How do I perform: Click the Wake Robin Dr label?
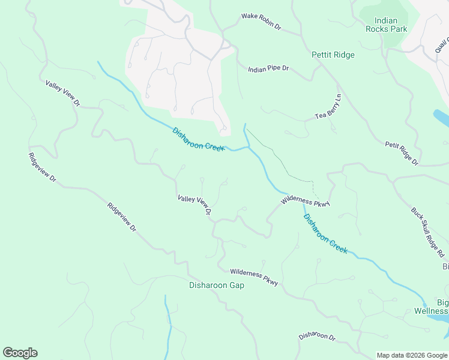(261, 22)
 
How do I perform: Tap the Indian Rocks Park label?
(386, 25)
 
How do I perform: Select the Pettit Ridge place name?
(333, 55)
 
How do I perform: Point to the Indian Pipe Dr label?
(268, 69)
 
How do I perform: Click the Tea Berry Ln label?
(328, 107)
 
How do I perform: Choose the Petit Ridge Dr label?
(402, 153)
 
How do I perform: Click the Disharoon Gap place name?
(217, 285)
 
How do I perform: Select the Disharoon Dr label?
(316, 337)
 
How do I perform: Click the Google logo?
(20, 353)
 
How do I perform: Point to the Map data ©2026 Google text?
(412, 355)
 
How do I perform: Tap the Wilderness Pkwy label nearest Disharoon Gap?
(254, 277)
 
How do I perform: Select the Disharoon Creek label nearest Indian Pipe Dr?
(198, 139)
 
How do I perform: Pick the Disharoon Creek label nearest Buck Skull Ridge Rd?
(325, 234)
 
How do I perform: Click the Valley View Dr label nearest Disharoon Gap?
(194, 205)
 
